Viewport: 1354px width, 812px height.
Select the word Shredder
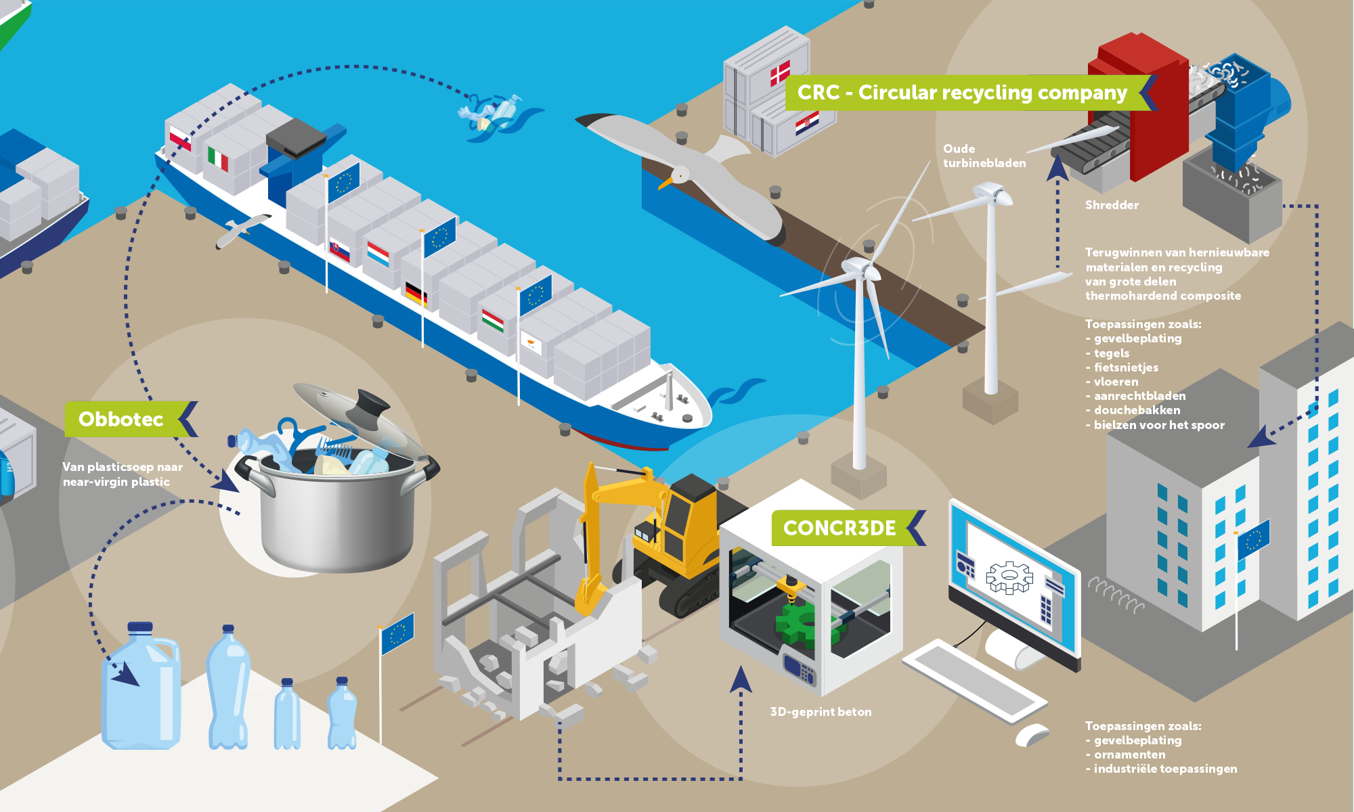click(x=1112, y=205)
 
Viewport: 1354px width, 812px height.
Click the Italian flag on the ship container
click(x=217, y=158)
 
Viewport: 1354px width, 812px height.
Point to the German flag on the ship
click(x=415, y=293)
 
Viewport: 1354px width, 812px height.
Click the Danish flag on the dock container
click(x=780, y=73)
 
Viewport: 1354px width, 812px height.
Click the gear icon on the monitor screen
click(x=1009, y=577)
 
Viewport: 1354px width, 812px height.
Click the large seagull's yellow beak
click(x=665, y=183)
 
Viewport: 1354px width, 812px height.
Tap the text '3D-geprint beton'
click(x=821, y=712)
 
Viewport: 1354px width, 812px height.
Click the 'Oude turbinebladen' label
click(x=984, y=156)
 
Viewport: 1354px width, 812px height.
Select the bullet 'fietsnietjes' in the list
click(x=1122, y=367)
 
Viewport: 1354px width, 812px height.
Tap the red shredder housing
click(x=1138, y=101)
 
